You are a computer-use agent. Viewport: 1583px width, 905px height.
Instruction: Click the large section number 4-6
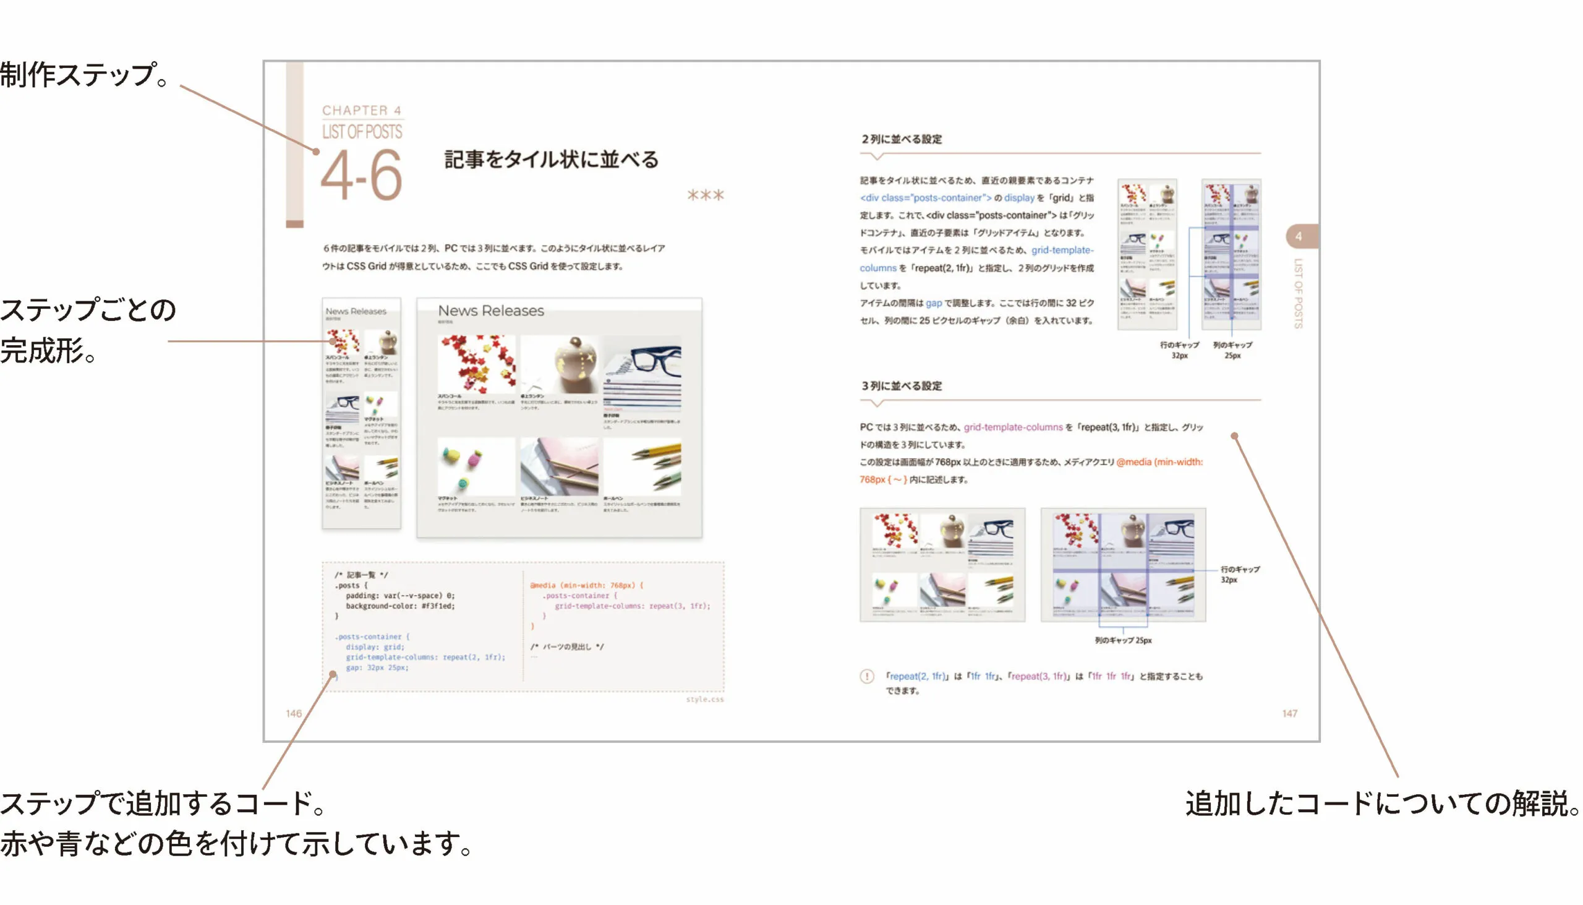[x=362, y=176]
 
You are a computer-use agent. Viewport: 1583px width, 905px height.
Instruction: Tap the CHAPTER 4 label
[x=362, y=111]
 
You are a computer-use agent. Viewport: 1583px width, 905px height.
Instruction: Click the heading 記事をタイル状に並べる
[x=551, y=160]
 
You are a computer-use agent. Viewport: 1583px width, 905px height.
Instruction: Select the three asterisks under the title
[x=705, y=195]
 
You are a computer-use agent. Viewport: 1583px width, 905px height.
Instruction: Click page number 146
[x=293, y=714]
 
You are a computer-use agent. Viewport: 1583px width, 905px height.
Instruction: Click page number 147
[x=1289, y=714]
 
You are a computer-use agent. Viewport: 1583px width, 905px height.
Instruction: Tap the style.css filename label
[x=704, y=699]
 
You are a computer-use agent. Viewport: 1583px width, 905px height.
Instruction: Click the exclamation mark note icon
[x=867, y=676]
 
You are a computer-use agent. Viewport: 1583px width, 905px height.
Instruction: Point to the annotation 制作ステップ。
[x=84, y=75]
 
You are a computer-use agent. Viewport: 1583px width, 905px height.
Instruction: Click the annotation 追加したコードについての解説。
[x=1382, y=803]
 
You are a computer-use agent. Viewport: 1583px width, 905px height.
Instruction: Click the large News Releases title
[x=490, y=311]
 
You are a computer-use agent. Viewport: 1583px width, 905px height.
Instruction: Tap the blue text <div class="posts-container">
[x=925, y=199]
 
